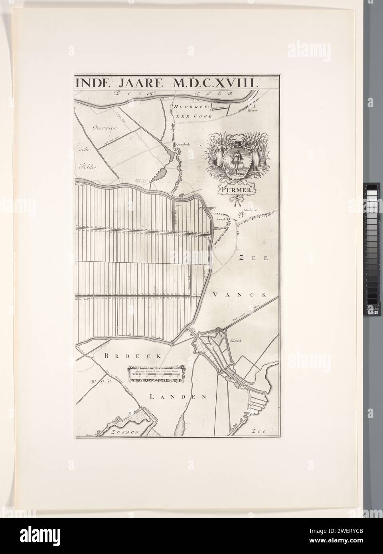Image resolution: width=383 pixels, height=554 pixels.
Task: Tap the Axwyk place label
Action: coord(221,219)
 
